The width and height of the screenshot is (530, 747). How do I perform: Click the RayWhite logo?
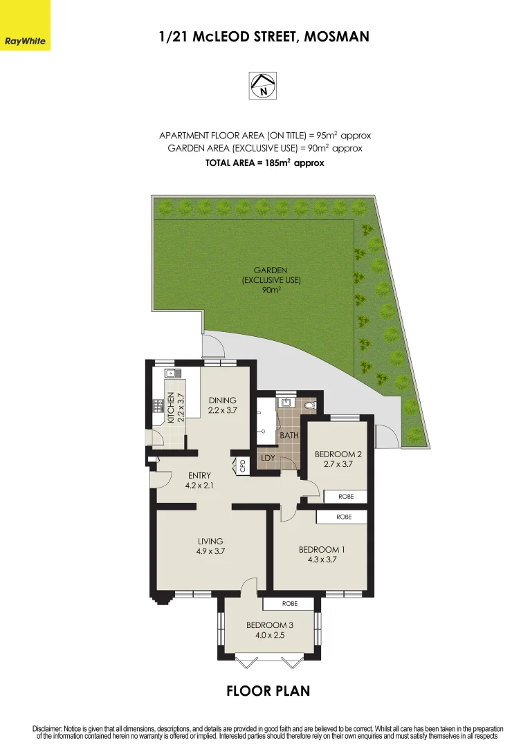[25, 26]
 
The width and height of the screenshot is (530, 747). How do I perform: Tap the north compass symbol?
[263, 86]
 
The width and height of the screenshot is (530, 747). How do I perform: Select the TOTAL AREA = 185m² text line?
[265, 163]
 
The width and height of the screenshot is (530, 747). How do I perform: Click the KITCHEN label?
[171, 408]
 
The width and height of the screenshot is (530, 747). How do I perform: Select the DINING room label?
[222, 400]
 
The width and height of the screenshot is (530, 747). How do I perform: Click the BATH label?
[289, 436]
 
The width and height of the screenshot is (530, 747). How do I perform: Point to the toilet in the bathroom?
[309, 405]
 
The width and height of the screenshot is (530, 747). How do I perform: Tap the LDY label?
[268, 458]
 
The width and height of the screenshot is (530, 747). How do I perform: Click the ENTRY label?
[199, 475]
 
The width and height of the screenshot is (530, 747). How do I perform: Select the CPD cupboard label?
[242, 465]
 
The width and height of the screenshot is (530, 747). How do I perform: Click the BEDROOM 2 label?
[338, 454]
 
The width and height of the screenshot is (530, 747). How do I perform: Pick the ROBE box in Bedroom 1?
[343, 517]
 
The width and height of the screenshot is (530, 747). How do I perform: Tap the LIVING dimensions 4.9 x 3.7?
[210, 551]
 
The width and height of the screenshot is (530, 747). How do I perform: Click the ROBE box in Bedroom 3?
[289, 603]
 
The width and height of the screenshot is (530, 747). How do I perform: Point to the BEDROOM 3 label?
[269, 625]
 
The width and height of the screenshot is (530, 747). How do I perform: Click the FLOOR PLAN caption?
[268, 690]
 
